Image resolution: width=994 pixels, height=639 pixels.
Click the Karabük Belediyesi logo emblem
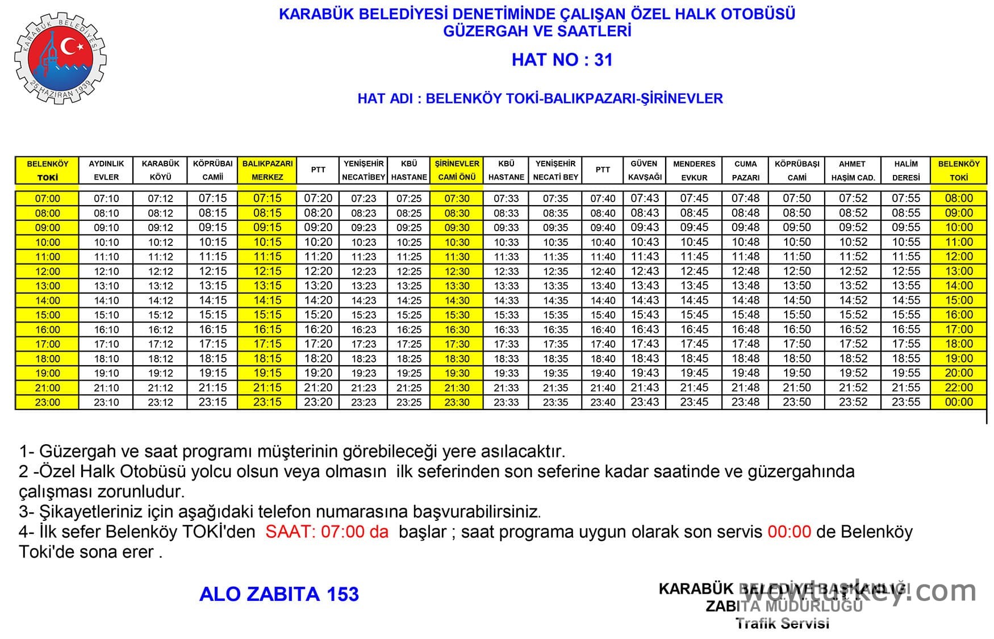(60, 59)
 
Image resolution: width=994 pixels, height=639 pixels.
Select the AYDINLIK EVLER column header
(106, 170)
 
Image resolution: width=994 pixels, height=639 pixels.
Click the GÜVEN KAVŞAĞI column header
(644, 170)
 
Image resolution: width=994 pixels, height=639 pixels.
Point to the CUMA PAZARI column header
(745, 170)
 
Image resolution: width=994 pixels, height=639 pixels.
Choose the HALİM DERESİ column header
(905, 170)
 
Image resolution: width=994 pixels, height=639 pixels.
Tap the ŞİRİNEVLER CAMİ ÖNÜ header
(457, 170)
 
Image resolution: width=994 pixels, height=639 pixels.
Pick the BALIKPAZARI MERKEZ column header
(268, 170)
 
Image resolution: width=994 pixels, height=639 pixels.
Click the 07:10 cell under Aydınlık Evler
(106, 199)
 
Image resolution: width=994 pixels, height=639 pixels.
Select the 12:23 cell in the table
(364, 272)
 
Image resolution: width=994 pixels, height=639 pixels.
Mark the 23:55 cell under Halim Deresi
(905, 402)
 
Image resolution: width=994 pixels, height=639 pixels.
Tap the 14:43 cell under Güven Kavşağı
(645, 300)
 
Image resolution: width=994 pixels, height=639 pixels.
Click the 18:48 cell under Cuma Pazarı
(745, 359)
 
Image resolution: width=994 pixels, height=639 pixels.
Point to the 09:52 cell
(853, 228)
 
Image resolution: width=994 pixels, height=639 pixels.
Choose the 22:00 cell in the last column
(959, 388)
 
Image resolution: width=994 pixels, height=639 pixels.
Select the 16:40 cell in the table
(603, 330)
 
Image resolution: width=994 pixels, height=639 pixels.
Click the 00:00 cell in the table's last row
(959, 402)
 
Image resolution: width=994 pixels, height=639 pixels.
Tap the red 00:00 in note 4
(789, 532)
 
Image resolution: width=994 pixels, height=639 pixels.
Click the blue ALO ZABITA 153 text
(279, 594)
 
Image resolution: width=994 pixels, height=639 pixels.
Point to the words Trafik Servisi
(782, 623)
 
